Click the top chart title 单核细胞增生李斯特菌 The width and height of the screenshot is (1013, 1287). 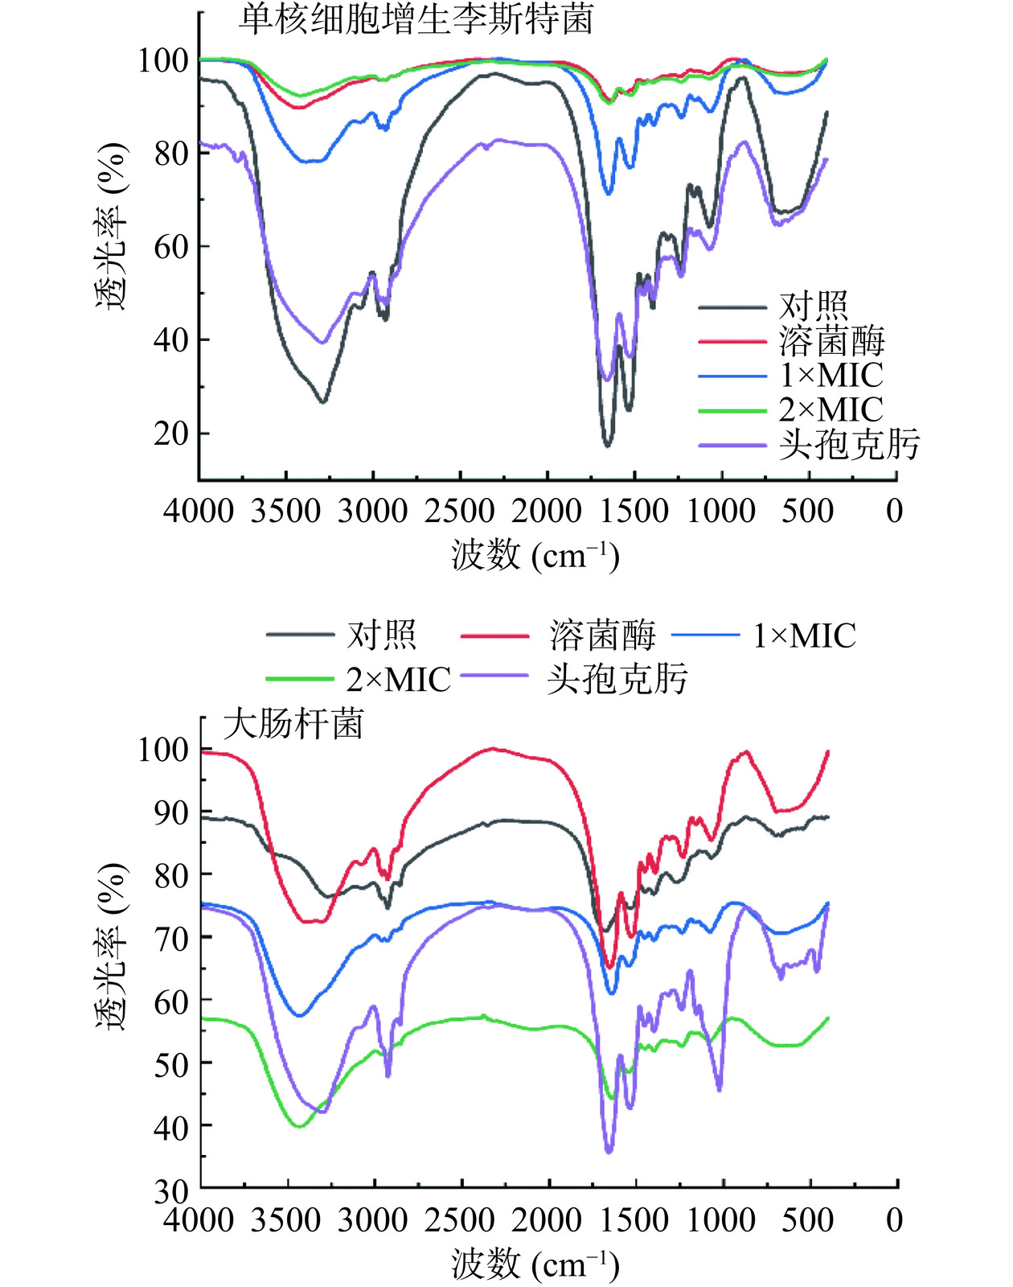coord(416,19)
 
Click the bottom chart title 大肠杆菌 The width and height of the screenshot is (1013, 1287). coord(293,724)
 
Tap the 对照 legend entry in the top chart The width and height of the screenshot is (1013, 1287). coord(813,306)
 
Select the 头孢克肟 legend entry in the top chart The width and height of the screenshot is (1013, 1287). coord(848,445)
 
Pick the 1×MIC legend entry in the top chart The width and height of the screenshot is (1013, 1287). coord(830,375)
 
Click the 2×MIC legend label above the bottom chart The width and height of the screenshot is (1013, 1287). coord(398,680)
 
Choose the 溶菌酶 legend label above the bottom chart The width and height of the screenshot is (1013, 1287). coord(602,635)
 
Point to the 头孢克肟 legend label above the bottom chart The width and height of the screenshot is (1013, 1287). coord(617,680)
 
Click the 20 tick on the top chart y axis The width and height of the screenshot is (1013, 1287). coord(170,434)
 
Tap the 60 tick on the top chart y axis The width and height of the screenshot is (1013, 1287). coord(170,247)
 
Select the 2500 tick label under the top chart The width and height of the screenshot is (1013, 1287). coord(459,511)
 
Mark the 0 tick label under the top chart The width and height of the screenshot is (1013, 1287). coord(894,511)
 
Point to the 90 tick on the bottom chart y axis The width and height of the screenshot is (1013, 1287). coord(170,812)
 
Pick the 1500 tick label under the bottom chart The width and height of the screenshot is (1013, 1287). coord(634,1220)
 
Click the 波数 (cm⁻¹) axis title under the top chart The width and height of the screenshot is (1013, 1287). coord(535,555)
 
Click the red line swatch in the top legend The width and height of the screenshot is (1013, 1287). coord(732,341)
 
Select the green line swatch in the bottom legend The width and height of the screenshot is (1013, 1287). coord(299,680)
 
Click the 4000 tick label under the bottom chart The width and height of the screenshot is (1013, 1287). coord(199,1220)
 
